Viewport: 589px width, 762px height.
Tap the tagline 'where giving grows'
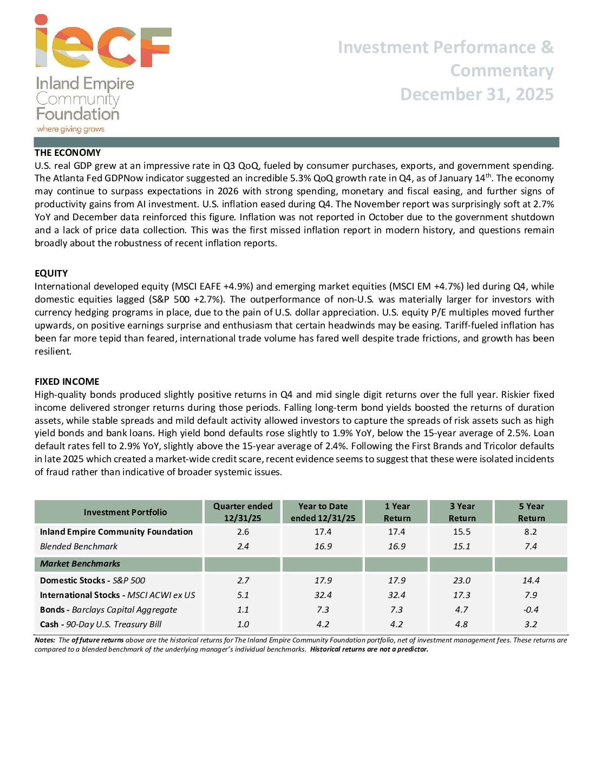coord(70,129)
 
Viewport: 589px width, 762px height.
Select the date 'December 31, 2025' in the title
coord(476,94)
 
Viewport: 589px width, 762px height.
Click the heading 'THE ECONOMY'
coord(68,153)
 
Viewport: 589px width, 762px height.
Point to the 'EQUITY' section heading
coord(51,273)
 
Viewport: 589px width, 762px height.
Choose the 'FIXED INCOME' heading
coord(67,382)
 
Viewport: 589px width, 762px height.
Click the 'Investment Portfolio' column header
coord(125,512)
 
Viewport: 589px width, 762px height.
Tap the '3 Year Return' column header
coord(462,512)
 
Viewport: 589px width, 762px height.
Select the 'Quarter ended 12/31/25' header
coord(243,512)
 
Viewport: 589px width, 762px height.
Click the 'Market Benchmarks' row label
coord(80,563)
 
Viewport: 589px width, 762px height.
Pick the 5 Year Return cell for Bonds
coord(531,609)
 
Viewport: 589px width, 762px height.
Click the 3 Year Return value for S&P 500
coord(462,580)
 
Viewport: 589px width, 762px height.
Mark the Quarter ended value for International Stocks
coord(243,595)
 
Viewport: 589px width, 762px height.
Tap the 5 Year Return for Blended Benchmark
coord(531,546)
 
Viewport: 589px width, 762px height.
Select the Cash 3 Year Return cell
coord(462,624)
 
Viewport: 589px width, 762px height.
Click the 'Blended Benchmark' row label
coord(78,546)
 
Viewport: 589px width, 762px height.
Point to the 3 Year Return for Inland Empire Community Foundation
coord(462,531)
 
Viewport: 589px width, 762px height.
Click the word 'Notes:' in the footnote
coord(45,640)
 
